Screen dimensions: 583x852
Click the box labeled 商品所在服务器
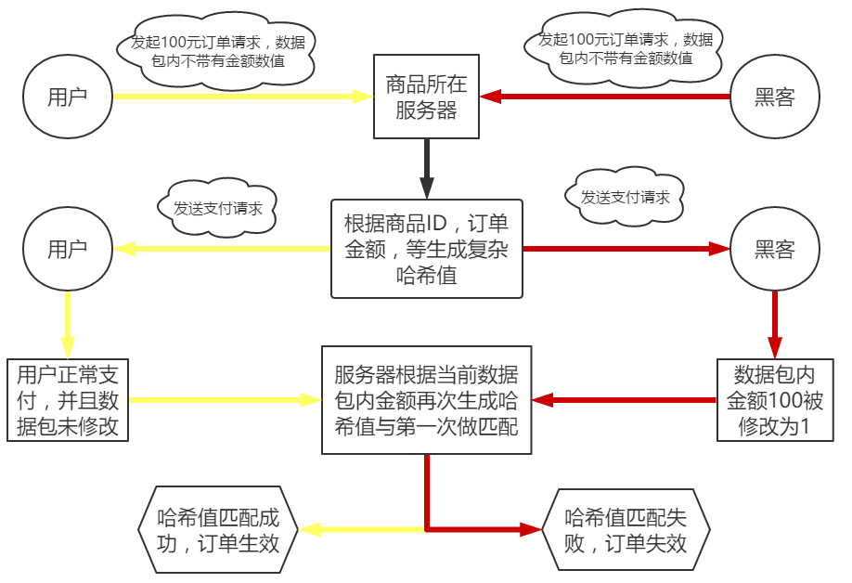(426, 97)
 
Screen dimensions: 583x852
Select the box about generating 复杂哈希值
(426, 249)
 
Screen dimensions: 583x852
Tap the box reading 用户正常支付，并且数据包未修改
(67, 400)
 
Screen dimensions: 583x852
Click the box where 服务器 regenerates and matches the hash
(426, 400)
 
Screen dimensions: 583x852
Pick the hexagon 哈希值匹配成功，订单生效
(218, 530)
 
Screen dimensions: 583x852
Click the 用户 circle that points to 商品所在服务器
(68, 97)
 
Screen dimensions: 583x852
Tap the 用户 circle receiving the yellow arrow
(68, 249)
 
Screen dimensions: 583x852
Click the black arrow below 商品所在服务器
(426, 167)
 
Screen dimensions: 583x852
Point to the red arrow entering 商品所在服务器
(603, 97)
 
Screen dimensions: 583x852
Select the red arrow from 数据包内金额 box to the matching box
(624, 400)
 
